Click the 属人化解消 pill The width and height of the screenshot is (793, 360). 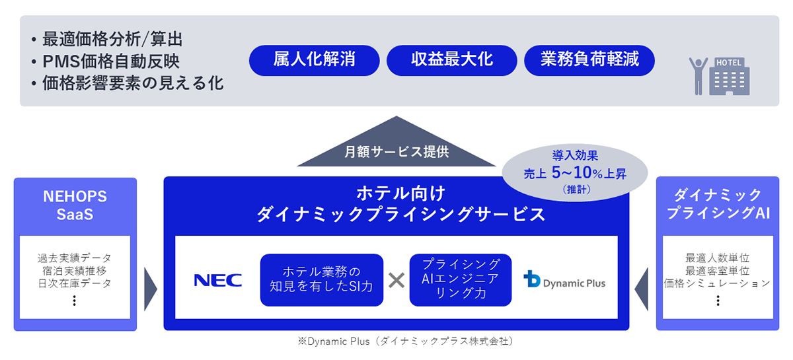coord(314,60)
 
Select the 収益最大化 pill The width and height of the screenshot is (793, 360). coord(451,60)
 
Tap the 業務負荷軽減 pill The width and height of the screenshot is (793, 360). coord(589,60)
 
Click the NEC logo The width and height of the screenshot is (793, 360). coord(217,280)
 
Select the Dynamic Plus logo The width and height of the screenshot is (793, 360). coord(564,280)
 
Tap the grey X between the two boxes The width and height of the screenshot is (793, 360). coord(396,280)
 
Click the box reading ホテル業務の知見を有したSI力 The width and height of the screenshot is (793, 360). coord(322,280)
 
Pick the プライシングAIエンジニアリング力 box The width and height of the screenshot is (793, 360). coord(460,280)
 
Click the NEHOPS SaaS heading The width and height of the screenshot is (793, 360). coord(75,205)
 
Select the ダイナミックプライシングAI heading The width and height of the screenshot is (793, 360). coord(718,204)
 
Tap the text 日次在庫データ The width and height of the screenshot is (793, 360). coord(75,283)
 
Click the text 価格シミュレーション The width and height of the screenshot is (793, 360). coord(718,283)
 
